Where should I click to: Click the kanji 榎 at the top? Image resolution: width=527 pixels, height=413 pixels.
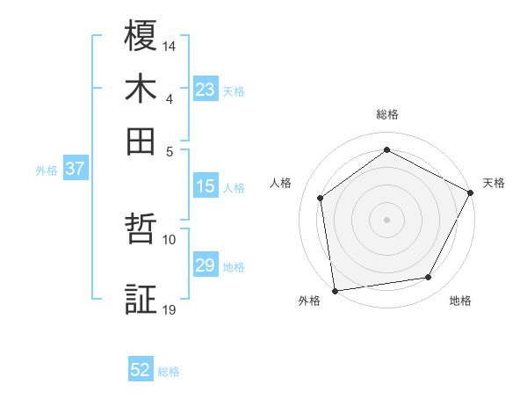click(x=141, y=37)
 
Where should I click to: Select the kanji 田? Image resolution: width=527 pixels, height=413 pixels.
click(x=141, y=141)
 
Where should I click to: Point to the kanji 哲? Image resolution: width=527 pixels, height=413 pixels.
click(x=141, y=231)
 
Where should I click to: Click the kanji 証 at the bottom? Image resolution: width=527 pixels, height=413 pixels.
click(x=141, y=300)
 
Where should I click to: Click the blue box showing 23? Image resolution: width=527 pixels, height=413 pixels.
click(x=206, y=90)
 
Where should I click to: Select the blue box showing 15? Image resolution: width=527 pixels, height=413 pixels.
click(x=206, y=186)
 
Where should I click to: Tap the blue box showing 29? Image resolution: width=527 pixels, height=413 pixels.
click(x=206, y=265)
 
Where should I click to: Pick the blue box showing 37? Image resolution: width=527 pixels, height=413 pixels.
click(x=75, y=170)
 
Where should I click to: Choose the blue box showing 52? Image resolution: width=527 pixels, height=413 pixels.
click(x=141, y=370)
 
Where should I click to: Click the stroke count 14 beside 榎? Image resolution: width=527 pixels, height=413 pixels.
click(x=170, y=45)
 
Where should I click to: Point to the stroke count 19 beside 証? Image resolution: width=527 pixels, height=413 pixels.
click(x=170, y=308)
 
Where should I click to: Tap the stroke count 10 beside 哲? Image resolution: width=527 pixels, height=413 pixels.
click(x=170, y=238)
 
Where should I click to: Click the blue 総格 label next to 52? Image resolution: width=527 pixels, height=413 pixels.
click(x=169, y=372)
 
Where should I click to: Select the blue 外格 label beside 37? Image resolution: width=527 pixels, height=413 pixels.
click(x=47, y=170)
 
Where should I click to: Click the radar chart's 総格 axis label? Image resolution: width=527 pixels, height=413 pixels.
click(x=387, y=114)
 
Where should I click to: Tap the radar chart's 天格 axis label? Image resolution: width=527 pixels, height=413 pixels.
click(x=494, y=183)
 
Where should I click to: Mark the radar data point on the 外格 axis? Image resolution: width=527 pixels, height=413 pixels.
click(x=335, y=290)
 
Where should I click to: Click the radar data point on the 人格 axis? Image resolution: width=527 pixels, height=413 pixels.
click(x=321, y=198)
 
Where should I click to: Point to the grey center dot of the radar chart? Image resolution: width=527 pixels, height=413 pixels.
click(x=386, y=219)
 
